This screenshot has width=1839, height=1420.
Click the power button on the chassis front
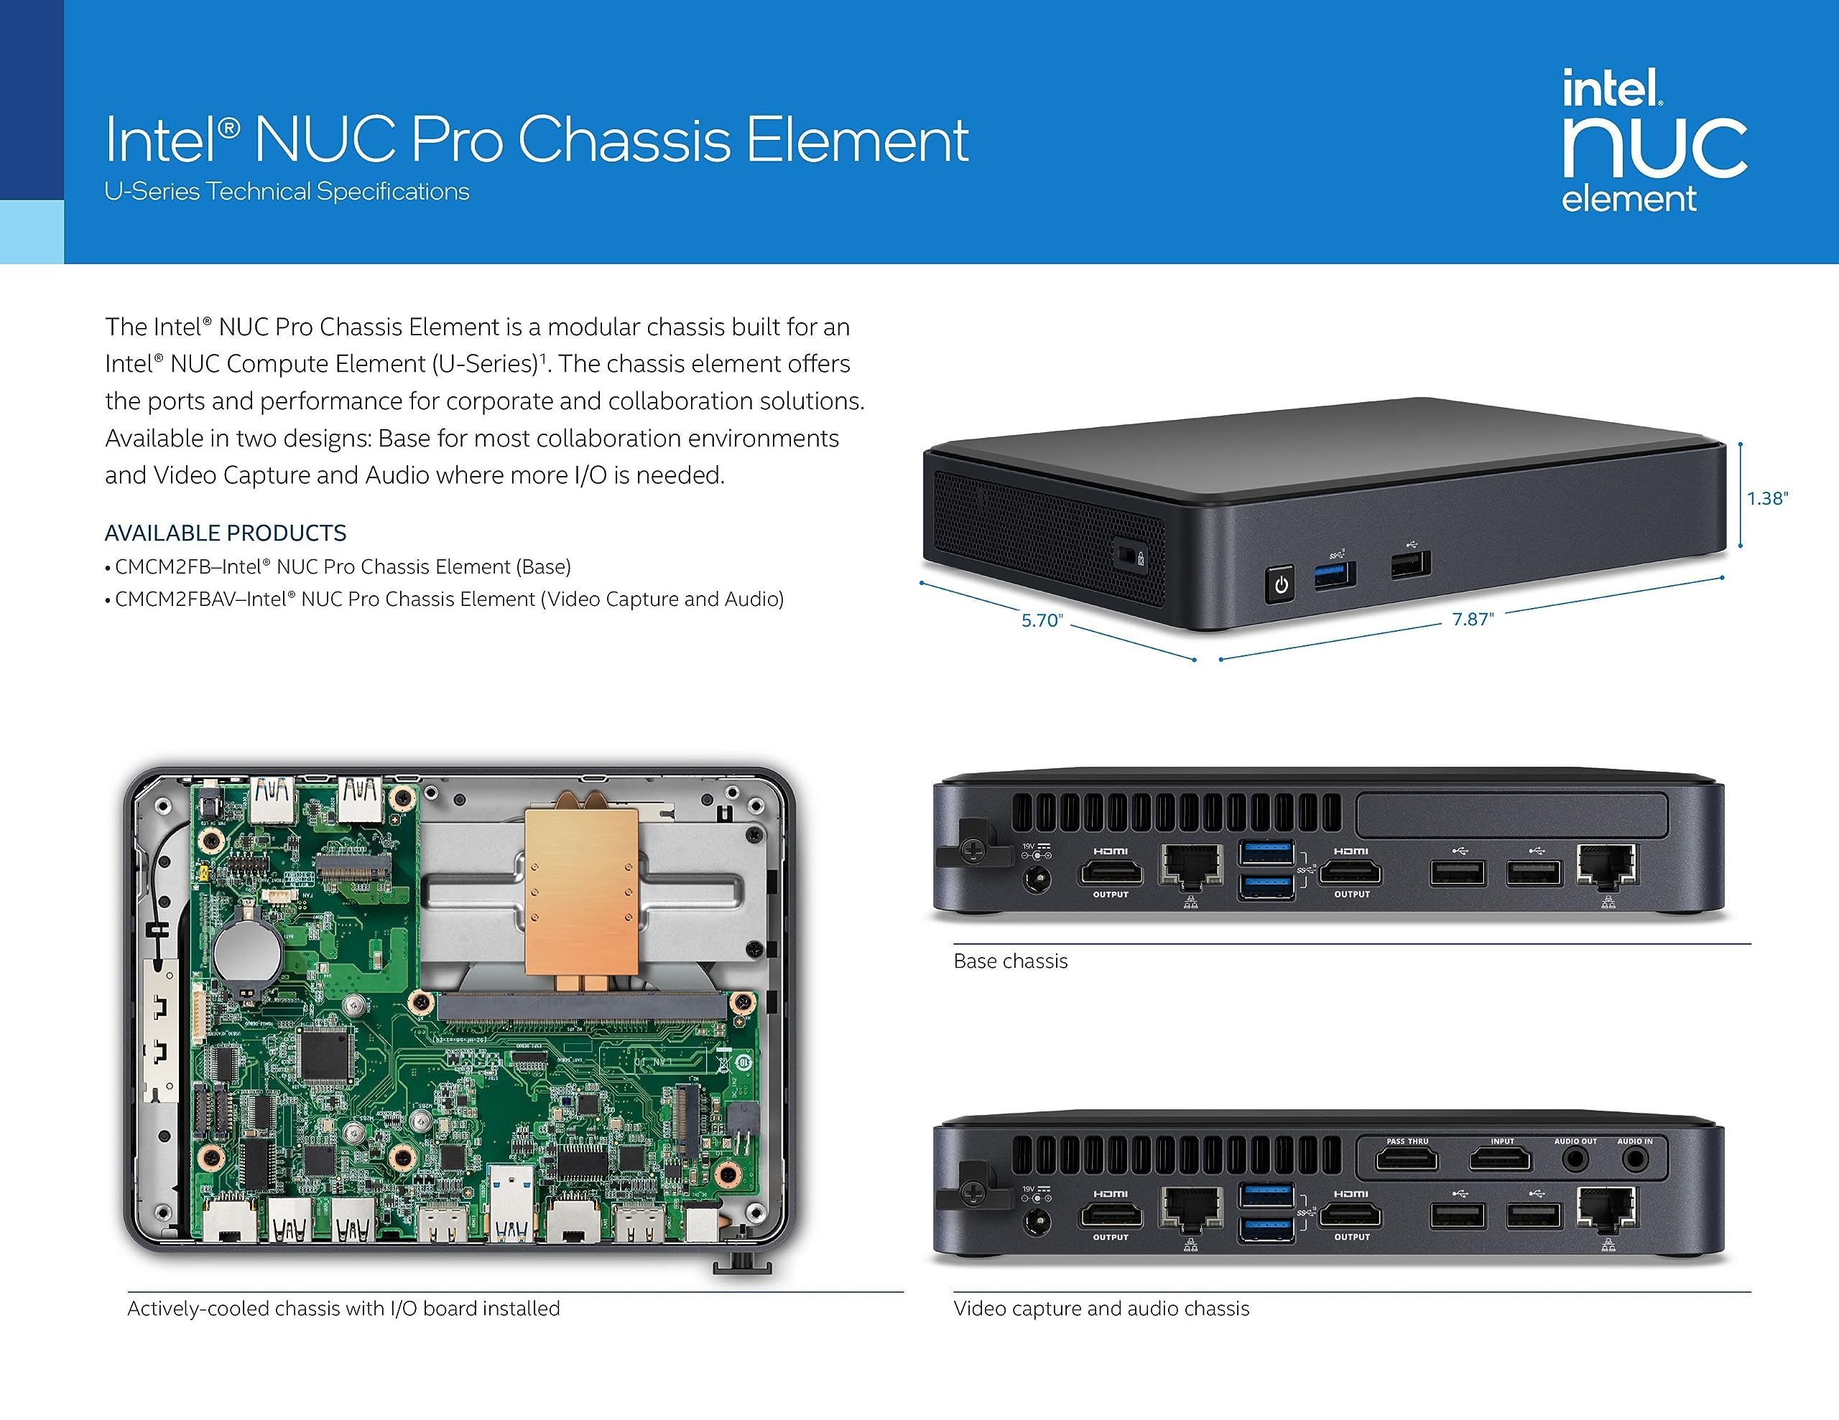[1280, 584]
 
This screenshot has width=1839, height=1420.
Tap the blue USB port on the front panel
[1335, 575]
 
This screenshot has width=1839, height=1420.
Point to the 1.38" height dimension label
[1766, 498]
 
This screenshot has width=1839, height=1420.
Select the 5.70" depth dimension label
[1042, 620]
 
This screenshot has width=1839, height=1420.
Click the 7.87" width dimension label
[1472, 619]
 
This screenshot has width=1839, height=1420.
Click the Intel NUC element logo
[1652, 141]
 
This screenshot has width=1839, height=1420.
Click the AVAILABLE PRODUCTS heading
[225, 533]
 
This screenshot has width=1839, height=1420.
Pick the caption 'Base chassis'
[1009, 961]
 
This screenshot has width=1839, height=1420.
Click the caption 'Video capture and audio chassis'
[1101, 1309]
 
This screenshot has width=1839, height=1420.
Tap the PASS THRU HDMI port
[1407, 1160]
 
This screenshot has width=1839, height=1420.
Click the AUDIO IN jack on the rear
[1634, 1160]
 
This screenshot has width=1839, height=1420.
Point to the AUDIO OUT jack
[1575, 1160]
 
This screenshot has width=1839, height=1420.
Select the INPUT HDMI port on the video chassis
[1501, 1160]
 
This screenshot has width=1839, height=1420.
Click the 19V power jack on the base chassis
[1036, 880]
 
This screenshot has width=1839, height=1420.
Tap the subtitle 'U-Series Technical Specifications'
[287, 192]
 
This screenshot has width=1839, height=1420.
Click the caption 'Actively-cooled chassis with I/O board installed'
[343, 1309]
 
